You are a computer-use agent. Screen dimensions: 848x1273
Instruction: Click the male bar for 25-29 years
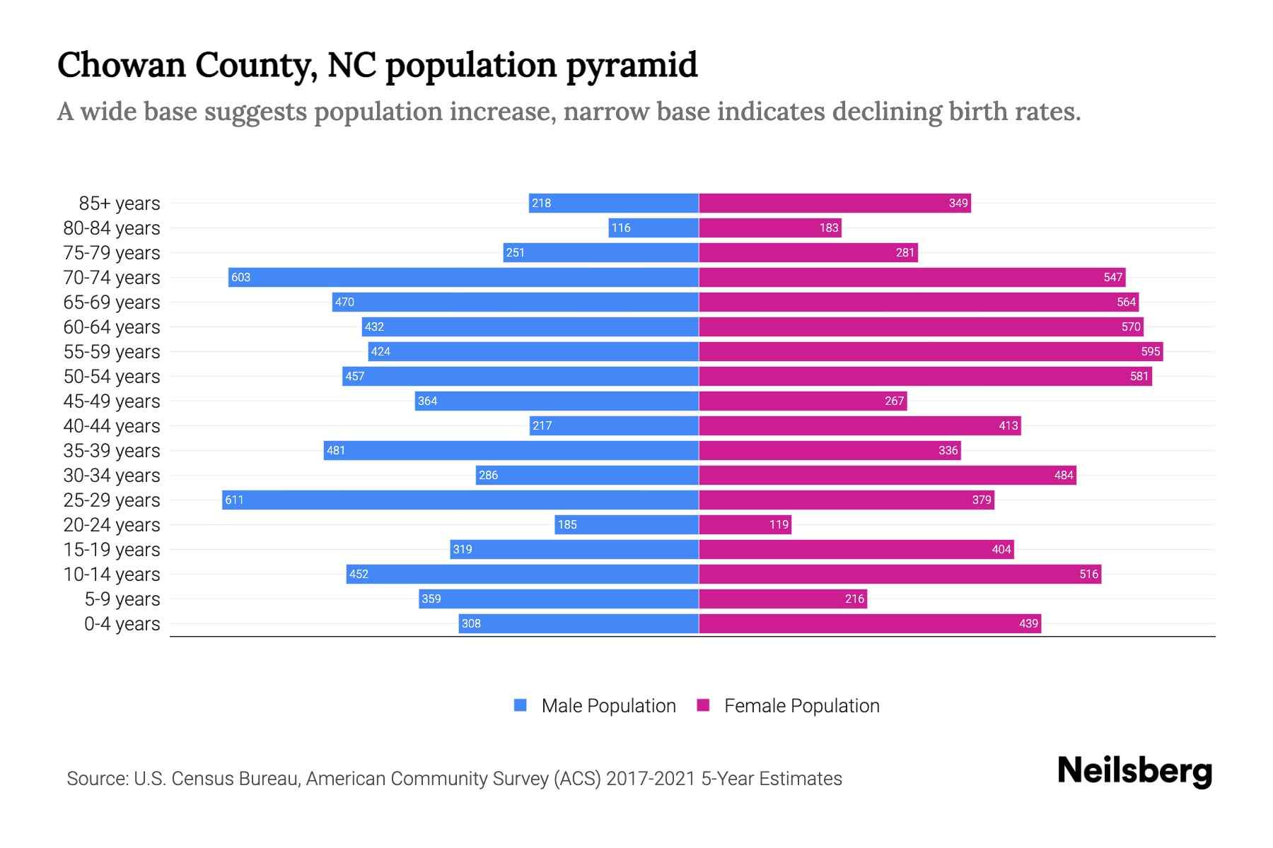[x=460, y=500]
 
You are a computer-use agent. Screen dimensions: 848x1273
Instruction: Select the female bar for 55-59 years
[x=931, y=351]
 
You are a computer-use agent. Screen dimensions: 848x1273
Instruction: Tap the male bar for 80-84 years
[x=653, y=228]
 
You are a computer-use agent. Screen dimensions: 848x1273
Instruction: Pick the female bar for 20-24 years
[x=745, y=524]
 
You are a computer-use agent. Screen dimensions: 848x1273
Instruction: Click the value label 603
[x=240, y=277]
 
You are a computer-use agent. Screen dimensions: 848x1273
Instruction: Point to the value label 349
[x=958, y=203]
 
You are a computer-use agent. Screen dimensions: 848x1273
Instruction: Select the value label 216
[x=854, y=599]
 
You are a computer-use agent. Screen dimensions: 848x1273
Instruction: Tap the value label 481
[x=336, y=450]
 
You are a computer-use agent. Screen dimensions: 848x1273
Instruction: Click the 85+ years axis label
[x=120, y=204]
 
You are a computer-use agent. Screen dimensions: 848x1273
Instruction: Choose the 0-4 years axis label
[x=122, y=624]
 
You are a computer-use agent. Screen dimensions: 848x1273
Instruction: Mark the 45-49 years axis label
[x=112, y=401]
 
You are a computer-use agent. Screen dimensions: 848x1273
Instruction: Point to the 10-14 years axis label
[x=112, y=575]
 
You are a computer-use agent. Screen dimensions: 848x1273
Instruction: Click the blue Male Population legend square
[x=521, y=705]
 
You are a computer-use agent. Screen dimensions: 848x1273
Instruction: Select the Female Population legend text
[x=801, y=705]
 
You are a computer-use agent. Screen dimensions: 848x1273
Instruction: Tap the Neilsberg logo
[x=1134, y=771]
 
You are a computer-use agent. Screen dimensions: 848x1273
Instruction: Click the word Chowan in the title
[x=120, y=64]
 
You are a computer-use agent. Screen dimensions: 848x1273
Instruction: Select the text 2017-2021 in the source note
[x=651, y=779]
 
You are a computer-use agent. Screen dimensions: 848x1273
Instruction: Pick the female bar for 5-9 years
[x=783, y=599]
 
